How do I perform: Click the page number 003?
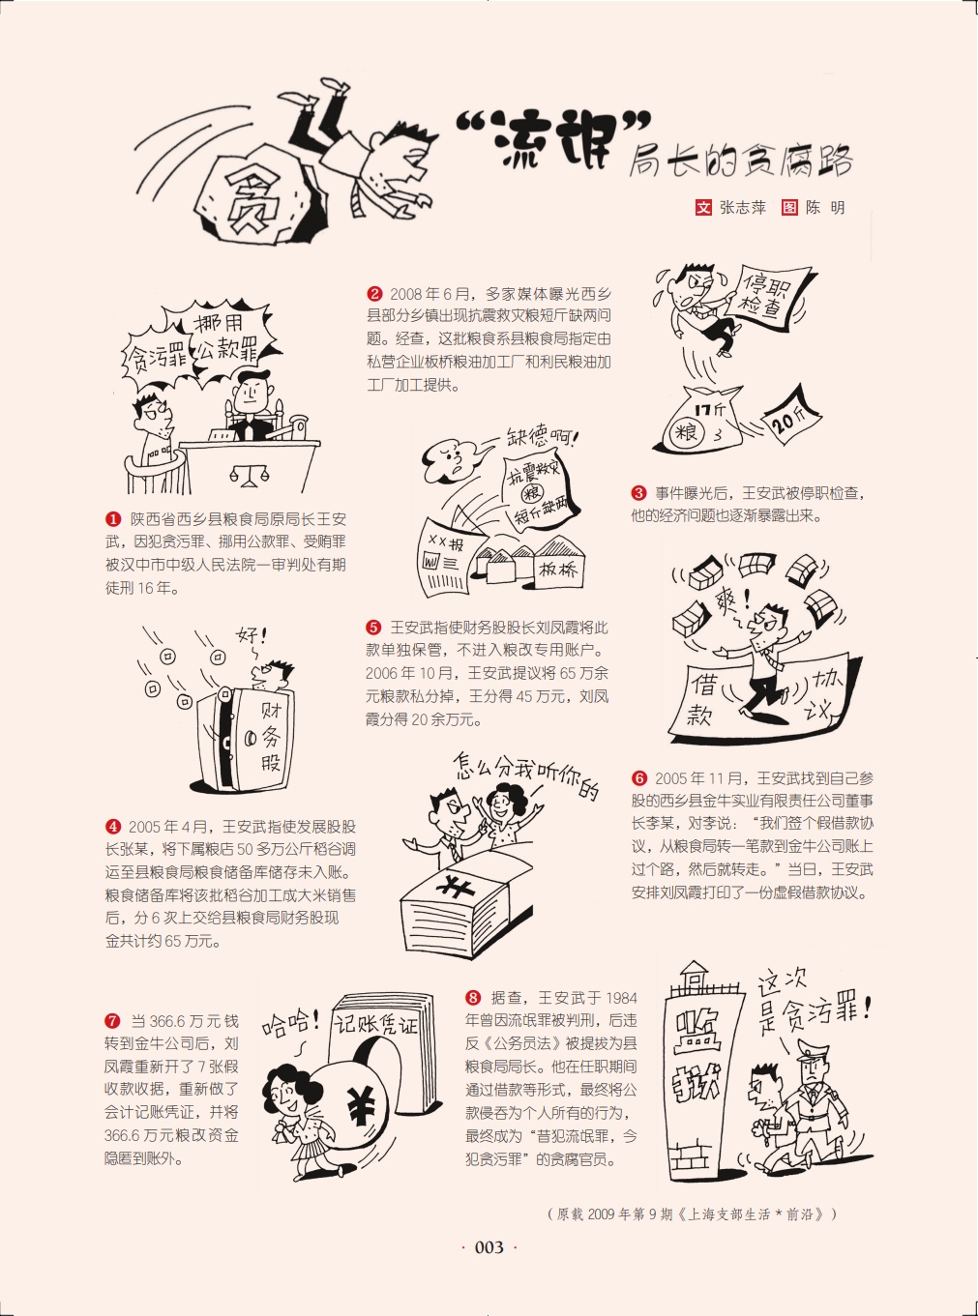click(489, 1247)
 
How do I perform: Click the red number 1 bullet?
click(113, 519)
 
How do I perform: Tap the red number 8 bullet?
click(473, 998)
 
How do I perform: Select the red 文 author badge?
click(703, 208)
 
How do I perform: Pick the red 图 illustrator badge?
click(789, 208)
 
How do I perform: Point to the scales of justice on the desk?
click(249, 475)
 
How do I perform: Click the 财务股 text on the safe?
click(269, 736)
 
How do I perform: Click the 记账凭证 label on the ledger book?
click(376, 1026)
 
